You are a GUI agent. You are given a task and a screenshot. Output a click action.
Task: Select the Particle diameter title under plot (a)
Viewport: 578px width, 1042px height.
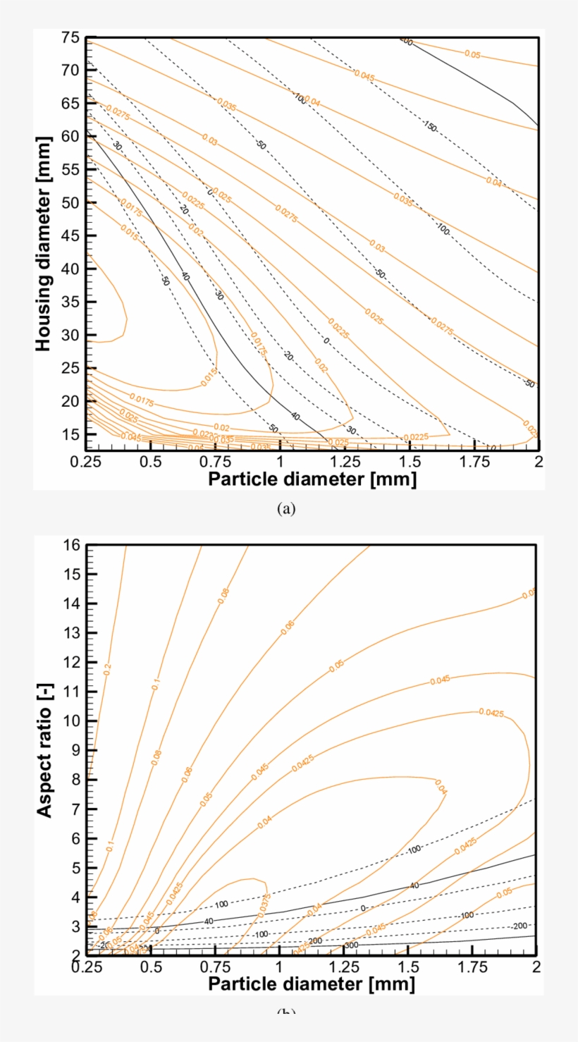pyautogui.click(x=312, y=480)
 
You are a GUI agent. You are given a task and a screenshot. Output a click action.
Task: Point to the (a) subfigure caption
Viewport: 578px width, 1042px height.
pyautogui.click(x=286, y=509)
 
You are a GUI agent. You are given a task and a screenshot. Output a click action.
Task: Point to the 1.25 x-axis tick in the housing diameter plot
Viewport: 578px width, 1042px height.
pyautogui.click(x=345, y=461)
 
